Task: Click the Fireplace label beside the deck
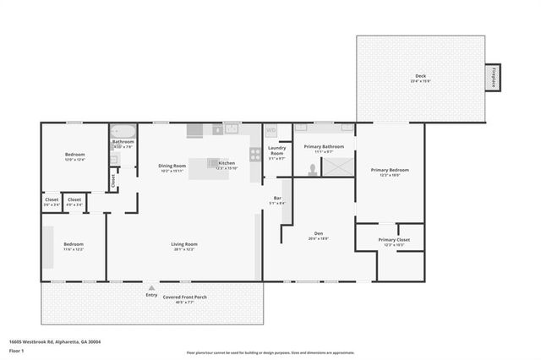493,77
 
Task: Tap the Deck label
420,77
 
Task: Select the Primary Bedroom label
390,170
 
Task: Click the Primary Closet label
389,240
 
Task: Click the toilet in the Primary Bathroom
313,168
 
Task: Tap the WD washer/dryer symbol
271,130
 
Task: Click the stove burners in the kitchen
254,154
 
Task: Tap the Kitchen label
227,163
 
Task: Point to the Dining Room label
172,166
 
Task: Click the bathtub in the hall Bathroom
123,132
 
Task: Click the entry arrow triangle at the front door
151,287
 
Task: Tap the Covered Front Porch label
184,297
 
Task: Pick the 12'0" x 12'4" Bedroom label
74,155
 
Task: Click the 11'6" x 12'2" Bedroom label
73,245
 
